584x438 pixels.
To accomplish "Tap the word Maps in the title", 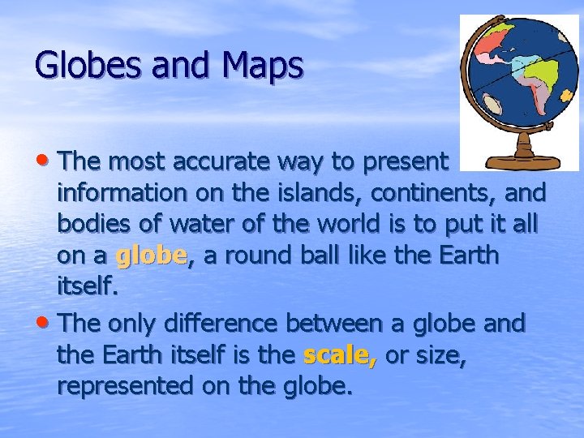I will (260, 64).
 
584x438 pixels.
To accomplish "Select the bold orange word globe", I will (152, 256).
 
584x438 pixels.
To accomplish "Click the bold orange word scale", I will (339, 355).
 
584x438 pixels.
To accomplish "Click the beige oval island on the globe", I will (492, 104).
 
